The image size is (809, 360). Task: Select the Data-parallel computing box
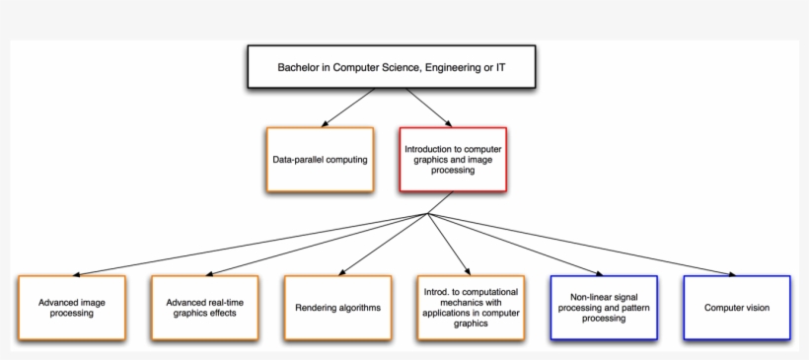click(320, 159)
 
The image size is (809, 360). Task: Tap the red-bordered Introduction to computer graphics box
click(453, 159)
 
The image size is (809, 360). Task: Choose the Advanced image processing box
click(72, 308)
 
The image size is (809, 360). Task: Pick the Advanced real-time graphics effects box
click(204, 308)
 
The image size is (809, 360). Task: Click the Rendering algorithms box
click(337, 308)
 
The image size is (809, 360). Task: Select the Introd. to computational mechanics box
click(471, 308)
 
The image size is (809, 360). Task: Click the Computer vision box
click(737, 308)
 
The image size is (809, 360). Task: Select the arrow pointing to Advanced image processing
click(247, 245)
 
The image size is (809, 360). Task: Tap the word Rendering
click(317, 308)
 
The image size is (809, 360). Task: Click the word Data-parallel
click(298, 159)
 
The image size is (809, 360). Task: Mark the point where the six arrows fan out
click(427, 214)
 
